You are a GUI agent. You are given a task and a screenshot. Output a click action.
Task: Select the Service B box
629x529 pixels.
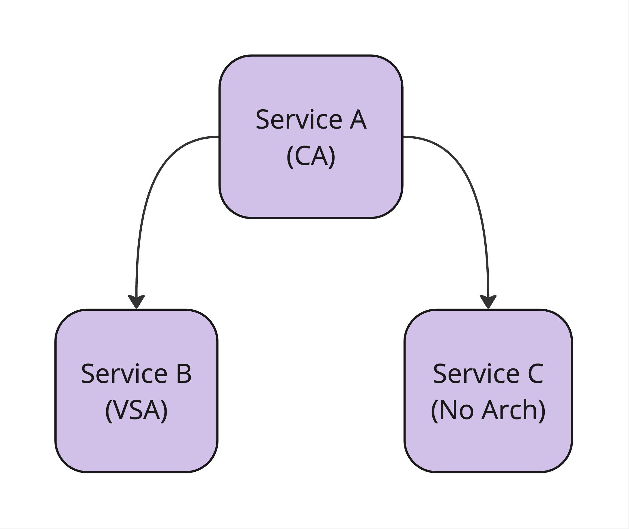click(136, 391)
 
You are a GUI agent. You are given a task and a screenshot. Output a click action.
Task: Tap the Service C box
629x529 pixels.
click(488, 391)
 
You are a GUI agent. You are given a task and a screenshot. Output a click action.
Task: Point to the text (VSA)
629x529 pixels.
click(136, 410)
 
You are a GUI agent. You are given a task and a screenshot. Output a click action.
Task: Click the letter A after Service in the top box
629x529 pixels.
click(358, 120)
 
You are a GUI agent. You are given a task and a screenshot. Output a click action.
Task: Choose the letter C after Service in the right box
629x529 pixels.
click(535, 374)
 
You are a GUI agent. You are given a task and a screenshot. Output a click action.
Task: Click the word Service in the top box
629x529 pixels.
click(299, 120)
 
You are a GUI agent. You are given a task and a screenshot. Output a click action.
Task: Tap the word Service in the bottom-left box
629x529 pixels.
click(124, 374)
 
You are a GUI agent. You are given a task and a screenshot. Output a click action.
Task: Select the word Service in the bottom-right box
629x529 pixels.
click(476, 374)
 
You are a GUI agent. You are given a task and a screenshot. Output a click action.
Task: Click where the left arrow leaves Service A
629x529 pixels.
click(219, 137)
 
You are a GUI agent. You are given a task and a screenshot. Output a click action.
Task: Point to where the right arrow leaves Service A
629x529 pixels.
click(403, 137)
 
